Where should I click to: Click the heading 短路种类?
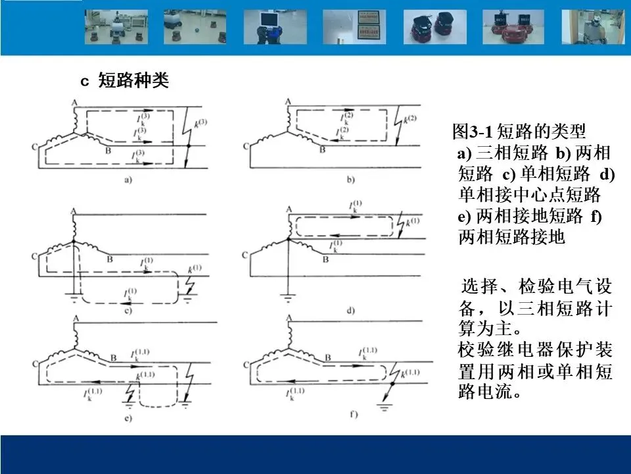tap(133, 81)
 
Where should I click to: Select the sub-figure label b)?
tap(350, 179)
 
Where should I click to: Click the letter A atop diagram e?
tap(75, 319)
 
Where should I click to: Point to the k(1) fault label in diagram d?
tap(411, 224)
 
